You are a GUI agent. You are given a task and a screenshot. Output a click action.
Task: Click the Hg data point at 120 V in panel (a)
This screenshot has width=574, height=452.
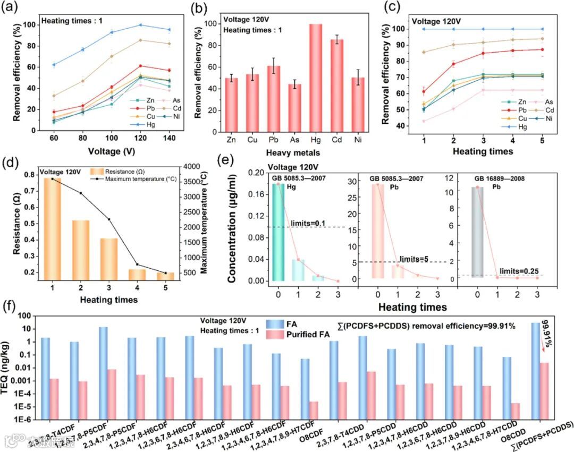pyautogui.click(x=140, y=25)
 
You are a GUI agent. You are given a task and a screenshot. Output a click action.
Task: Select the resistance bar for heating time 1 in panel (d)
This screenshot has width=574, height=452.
pyautogui.click(x=53, y=228)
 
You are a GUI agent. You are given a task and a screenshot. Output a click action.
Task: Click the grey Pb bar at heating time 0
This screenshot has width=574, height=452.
pyautogui.click(x=478, y=232)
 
